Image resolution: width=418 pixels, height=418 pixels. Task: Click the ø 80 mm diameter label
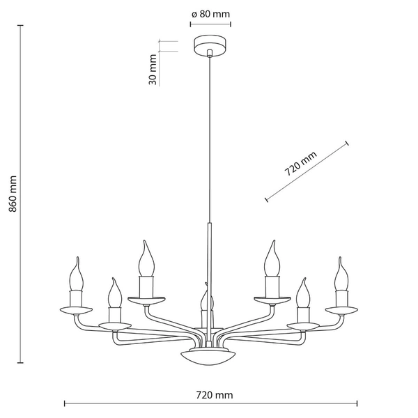(x=210, y=13)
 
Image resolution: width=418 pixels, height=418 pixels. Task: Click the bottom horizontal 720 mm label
(x=214, y=395)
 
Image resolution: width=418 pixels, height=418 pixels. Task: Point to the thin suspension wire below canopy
(x=210, y=139)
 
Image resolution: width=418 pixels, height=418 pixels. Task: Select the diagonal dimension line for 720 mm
(x=307, y=171)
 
